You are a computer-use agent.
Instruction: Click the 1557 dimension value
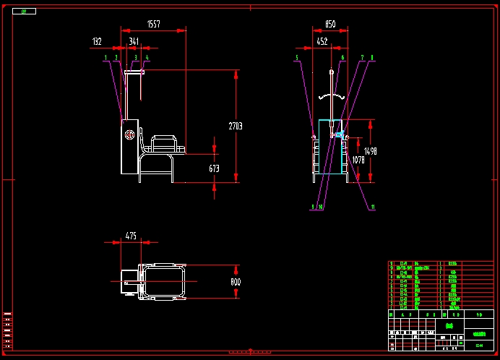coord(153,25)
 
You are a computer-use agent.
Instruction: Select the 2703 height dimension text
coord(236,126)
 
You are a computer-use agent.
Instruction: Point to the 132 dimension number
coord(97,42)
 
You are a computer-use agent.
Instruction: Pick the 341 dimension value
coord(134,42)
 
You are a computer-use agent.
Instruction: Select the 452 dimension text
coord(322,42)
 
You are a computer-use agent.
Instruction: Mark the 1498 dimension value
coord(371,151)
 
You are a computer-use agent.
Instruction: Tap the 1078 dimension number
coord(358,160)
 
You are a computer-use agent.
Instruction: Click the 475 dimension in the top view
coord(131,236)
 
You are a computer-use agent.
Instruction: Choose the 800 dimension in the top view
coord(235,281)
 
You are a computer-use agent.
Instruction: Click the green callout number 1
coord(105,56)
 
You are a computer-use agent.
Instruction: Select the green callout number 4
coord(147,56)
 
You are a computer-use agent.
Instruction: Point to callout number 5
coord(296,56)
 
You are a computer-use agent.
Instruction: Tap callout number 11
coord(372,207)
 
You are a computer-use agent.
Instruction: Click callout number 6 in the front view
coord(342,56)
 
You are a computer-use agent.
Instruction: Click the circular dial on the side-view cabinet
coord(129,135)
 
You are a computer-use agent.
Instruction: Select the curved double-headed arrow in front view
coord(330,95)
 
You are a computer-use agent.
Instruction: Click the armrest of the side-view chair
coord(164,138)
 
